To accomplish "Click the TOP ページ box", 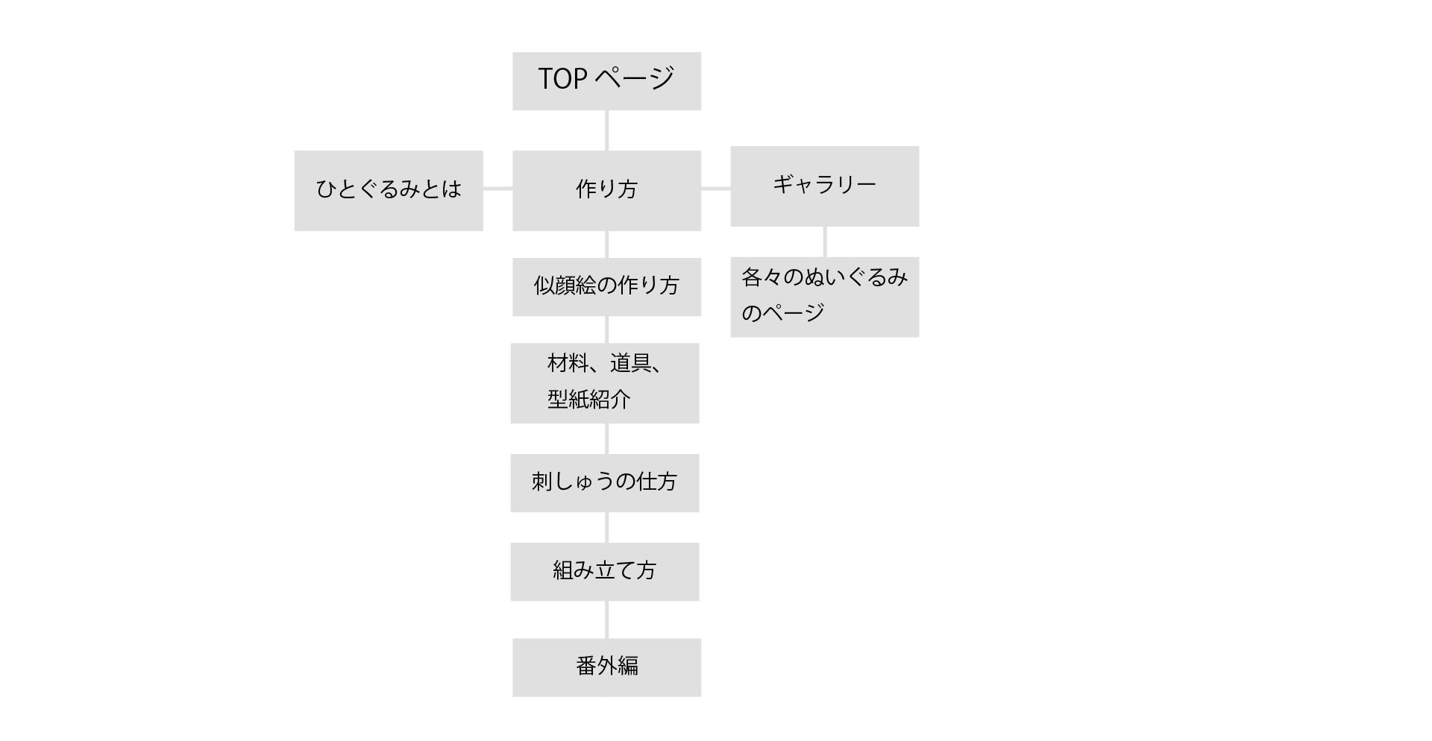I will (606, 81).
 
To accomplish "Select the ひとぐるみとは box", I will (389, 191).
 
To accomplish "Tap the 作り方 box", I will (606, 191).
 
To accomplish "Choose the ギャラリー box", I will (824, 186).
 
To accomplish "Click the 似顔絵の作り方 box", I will (606, 287).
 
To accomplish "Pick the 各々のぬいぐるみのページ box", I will (824, 297).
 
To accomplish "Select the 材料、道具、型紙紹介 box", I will (605, 383).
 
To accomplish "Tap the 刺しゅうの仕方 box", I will (605, 483).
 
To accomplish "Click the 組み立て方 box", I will (605, 572).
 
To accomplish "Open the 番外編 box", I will (606, 667).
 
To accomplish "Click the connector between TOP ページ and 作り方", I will (606, 130).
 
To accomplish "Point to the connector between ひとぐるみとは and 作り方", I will (497, 189).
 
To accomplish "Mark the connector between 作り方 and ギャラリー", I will (715, 189).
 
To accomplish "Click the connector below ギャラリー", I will (824, 242).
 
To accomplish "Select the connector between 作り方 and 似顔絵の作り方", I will (606, 245).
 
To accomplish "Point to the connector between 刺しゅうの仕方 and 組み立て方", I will (606, 527).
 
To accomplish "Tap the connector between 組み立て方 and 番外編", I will (606, 619).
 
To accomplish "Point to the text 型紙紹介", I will (589, 400).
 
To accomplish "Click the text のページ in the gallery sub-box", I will (782, 312).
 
